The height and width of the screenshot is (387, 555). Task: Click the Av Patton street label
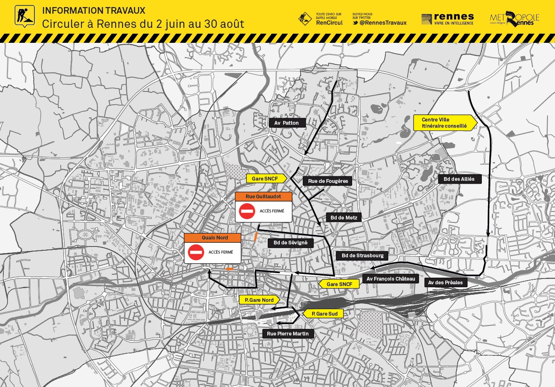287,123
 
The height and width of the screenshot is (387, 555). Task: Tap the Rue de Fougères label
328,181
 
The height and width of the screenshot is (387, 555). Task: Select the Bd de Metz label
344,217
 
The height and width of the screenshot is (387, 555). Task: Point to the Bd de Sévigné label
291,243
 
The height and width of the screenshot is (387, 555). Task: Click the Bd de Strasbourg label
363,256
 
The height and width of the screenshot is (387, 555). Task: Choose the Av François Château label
391,279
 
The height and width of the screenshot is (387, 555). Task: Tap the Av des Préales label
445,283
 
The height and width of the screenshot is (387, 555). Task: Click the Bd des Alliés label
459,179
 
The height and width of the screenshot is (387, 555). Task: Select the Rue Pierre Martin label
288,334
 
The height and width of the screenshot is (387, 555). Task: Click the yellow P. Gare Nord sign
259,300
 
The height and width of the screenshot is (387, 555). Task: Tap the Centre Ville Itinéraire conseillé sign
444,123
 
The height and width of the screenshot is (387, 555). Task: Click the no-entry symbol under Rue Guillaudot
247,211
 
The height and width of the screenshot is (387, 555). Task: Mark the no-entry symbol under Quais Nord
196,252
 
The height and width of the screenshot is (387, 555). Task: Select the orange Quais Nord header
212,238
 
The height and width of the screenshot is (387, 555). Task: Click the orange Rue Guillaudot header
263,197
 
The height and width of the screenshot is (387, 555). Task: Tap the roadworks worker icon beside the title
25,16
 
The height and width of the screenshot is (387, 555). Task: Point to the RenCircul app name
329,23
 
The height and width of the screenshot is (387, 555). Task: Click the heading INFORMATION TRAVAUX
94,11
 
